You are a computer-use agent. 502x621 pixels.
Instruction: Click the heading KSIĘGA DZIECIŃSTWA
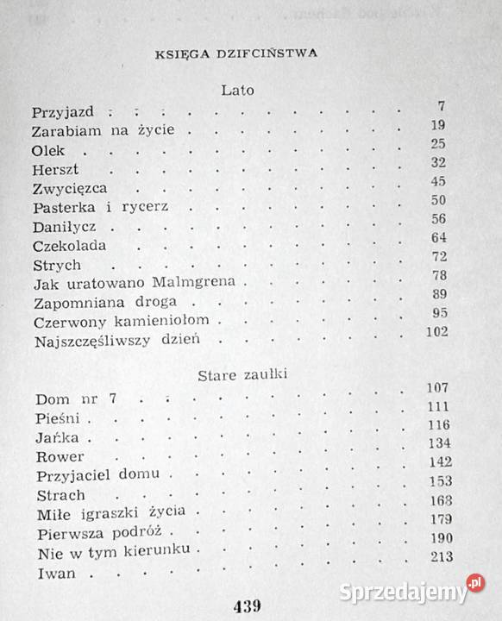pyautogui.click(x=235, y=52)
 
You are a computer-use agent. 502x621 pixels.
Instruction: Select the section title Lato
pyautogui.click(x=235, y=89)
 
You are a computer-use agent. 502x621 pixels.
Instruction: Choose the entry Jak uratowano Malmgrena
pyautogui.click(x=140, y=283)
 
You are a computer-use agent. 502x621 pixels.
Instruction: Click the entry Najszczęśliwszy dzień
pyautogui.click(x=116, y=340)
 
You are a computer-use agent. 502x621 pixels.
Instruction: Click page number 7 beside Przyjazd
pyautogui.click(x=441, y=106)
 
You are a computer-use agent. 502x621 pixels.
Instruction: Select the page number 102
pyautogui.click(x=436, y=332)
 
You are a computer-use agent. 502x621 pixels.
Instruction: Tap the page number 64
pyautogui.click(x=438, y=237)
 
